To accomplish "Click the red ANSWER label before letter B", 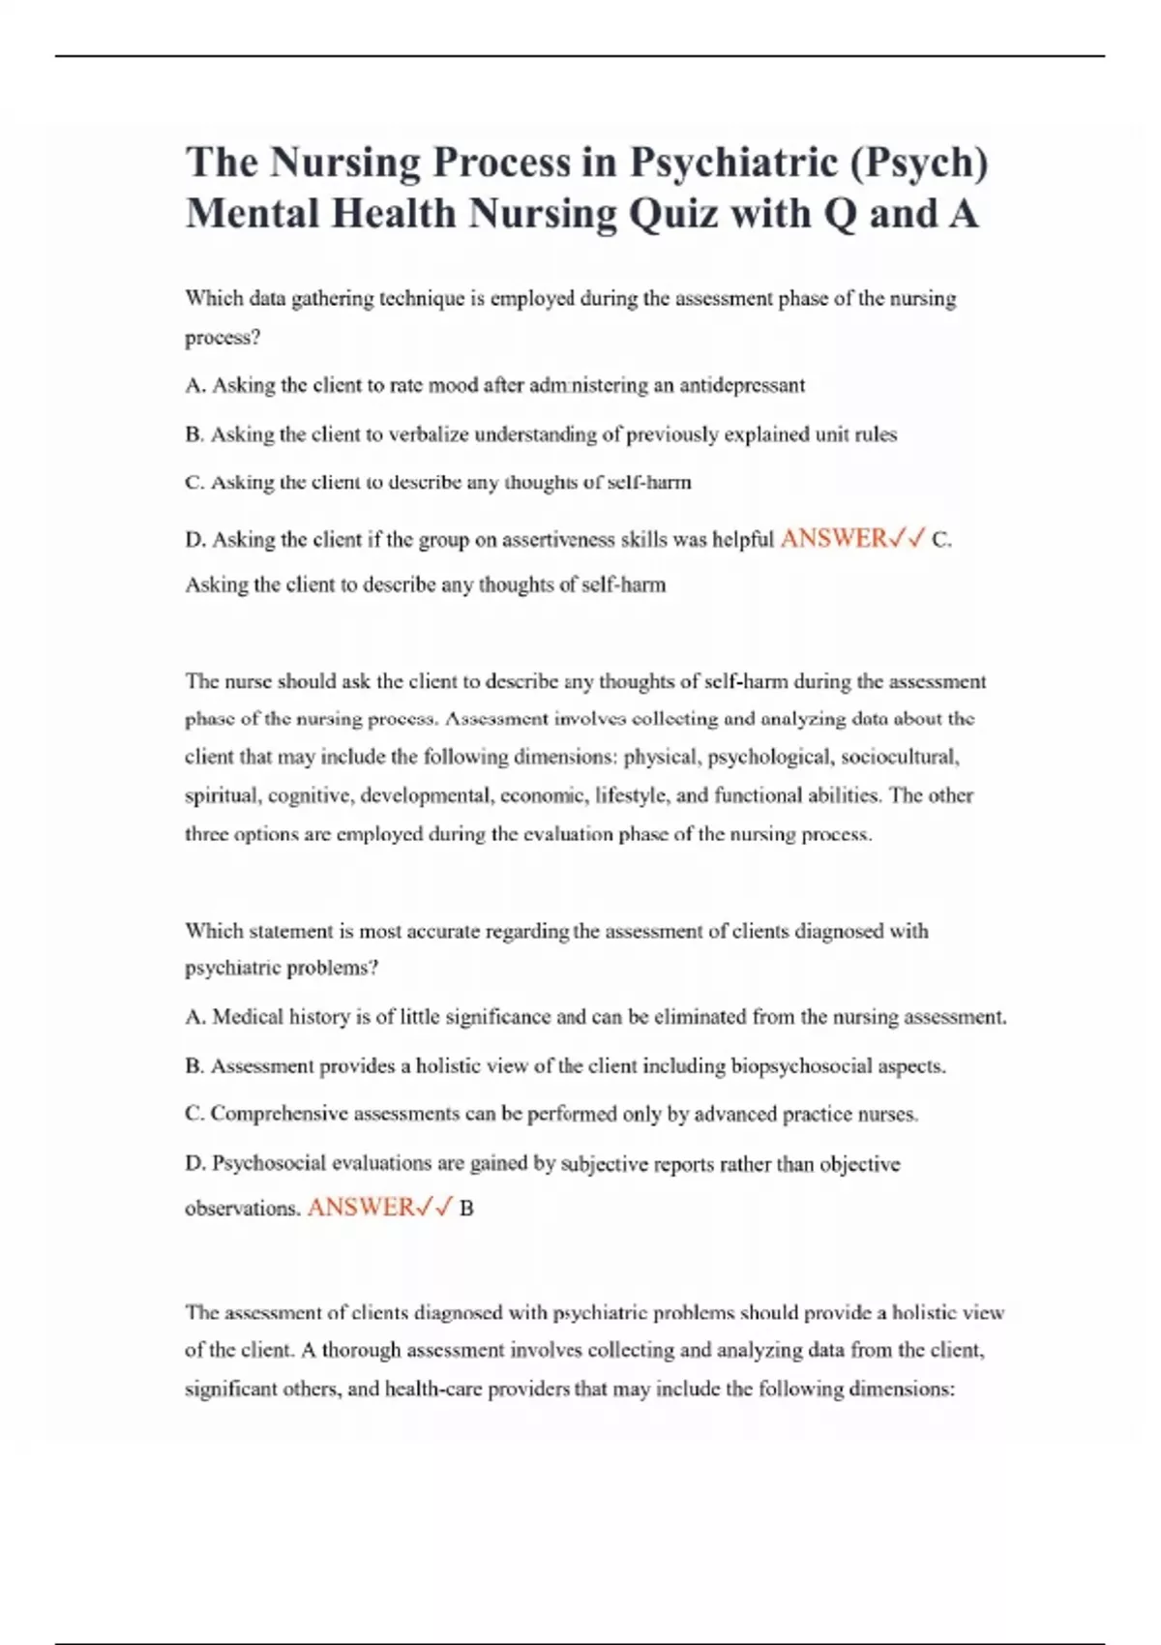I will click(x=360, y=1208).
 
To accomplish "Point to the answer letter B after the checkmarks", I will click(x=466, y=1209).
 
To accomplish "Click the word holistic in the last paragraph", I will click(x=925, y=1313).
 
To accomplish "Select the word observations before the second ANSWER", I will click(x=242, y=1209).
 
